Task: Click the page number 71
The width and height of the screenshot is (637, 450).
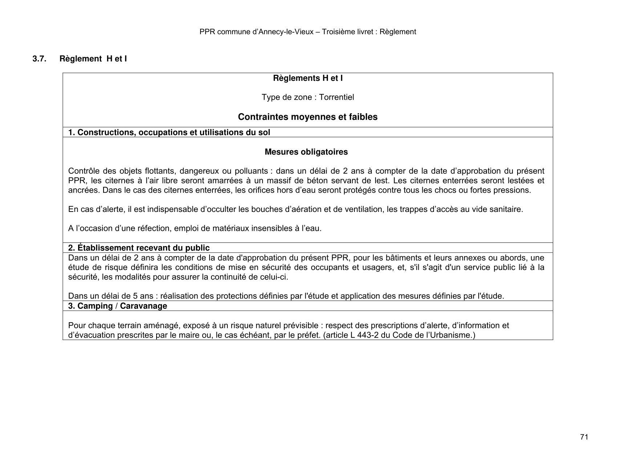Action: click(x=584, y=437)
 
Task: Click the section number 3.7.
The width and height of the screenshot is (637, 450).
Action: click(x=39, y=59)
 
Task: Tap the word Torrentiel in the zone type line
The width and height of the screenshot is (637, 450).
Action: click(x=336, y=97)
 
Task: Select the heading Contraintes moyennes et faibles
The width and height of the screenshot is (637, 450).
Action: click(x=308, y=117)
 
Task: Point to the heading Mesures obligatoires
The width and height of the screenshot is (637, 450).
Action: click(x=306, y=152)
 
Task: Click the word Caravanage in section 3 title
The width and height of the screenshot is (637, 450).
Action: click(x=143, y=306)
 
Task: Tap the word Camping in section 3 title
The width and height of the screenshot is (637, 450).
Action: click(x=95, y=306)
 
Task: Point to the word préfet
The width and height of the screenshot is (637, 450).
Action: click(x=309, y=335)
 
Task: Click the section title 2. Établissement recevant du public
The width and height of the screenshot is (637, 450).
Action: click(x=139, y=248)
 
